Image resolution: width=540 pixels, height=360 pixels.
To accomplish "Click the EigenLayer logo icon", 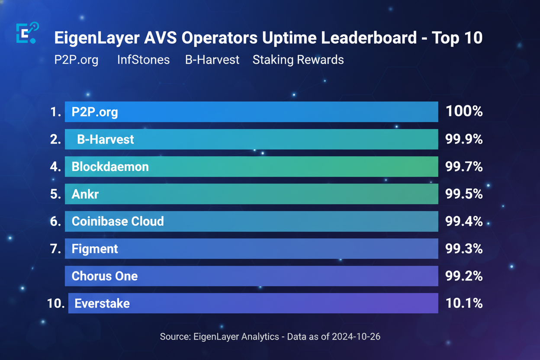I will [27, 33].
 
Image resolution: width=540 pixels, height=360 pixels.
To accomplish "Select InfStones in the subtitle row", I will [143, 60].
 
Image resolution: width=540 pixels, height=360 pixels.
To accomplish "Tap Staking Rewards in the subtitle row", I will [298, 60].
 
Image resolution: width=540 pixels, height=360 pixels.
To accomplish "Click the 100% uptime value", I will [464, 112].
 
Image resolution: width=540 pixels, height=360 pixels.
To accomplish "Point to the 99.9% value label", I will [464, 139].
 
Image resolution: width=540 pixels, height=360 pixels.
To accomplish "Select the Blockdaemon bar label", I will [110, 167].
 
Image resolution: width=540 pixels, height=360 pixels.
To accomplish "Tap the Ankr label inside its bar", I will [85, 194].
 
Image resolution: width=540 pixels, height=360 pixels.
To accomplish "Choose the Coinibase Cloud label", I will [118, 222].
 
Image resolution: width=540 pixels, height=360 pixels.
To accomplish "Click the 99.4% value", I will [464, 222].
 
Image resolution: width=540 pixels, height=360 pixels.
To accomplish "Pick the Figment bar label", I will [95, 249].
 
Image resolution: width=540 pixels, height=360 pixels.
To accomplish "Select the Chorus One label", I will [105, 276].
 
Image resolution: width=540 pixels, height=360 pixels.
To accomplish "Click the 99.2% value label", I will [464, 276].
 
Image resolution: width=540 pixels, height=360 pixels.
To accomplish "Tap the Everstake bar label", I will [102, 303].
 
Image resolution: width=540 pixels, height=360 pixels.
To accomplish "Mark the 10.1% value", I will [464, 303].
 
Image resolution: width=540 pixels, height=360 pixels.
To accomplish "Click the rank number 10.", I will [55, 303].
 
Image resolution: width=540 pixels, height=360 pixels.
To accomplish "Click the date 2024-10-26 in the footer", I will [356, 337].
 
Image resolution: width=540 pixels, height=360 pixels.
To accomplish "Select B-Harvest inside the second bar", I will [106, 139].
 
